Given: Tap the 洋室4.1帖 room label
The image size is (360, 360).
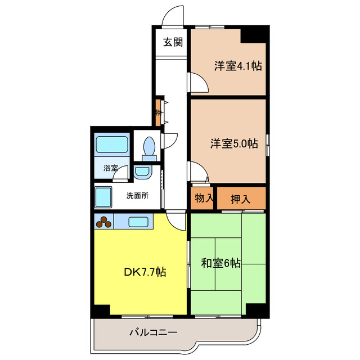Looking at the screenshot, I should click(237, 66).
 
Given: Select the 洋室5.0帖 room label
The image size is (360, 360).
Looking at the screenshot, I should click(235, 143).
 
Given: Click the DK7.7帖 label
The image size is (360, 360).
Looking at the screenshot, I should click(145, 272).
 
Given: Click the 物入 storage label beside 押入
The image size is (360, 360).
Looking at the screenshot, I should click(204, 198).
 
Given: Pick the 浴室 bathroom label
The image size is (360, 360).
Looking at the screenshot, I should click(110, 168).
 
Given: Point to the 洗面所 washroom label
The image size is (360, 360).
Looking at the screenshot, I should click(137, 196).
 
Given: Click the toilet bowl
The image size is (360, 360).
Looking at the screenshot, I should click(149, 147).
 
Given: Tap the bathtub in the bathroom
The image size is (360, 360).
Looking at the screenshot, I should click(112, 145).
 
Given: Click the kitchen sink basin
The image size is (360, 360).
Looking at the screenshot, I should click(138, 222).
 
